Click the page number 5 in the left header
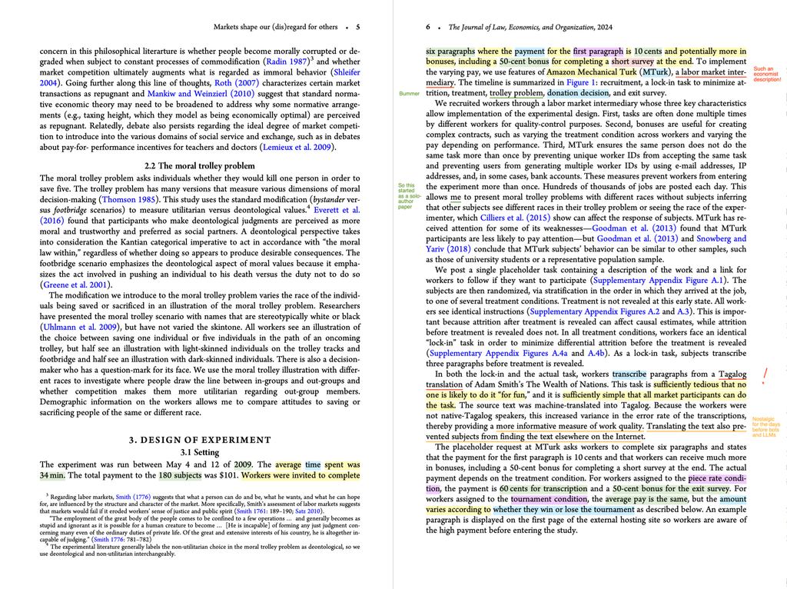[357, 27]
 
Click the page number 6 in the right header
[428, 27]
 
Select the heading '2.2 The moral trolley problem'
[200, 165]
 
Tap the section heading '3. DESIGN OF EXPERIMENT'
[200, 440]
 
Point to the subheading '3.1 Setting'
[200, 452]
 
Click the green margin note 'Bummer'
[410, 93]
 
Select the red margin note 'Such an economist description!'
[767, 74]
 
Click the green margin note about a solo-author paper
[407, 196]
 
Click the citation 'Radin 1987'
[287, 61]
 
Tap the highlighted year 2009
[243, 464]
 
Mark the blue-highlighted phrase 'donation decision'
[579, 93]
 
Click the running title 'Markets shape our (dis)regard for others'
[275, 27]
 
